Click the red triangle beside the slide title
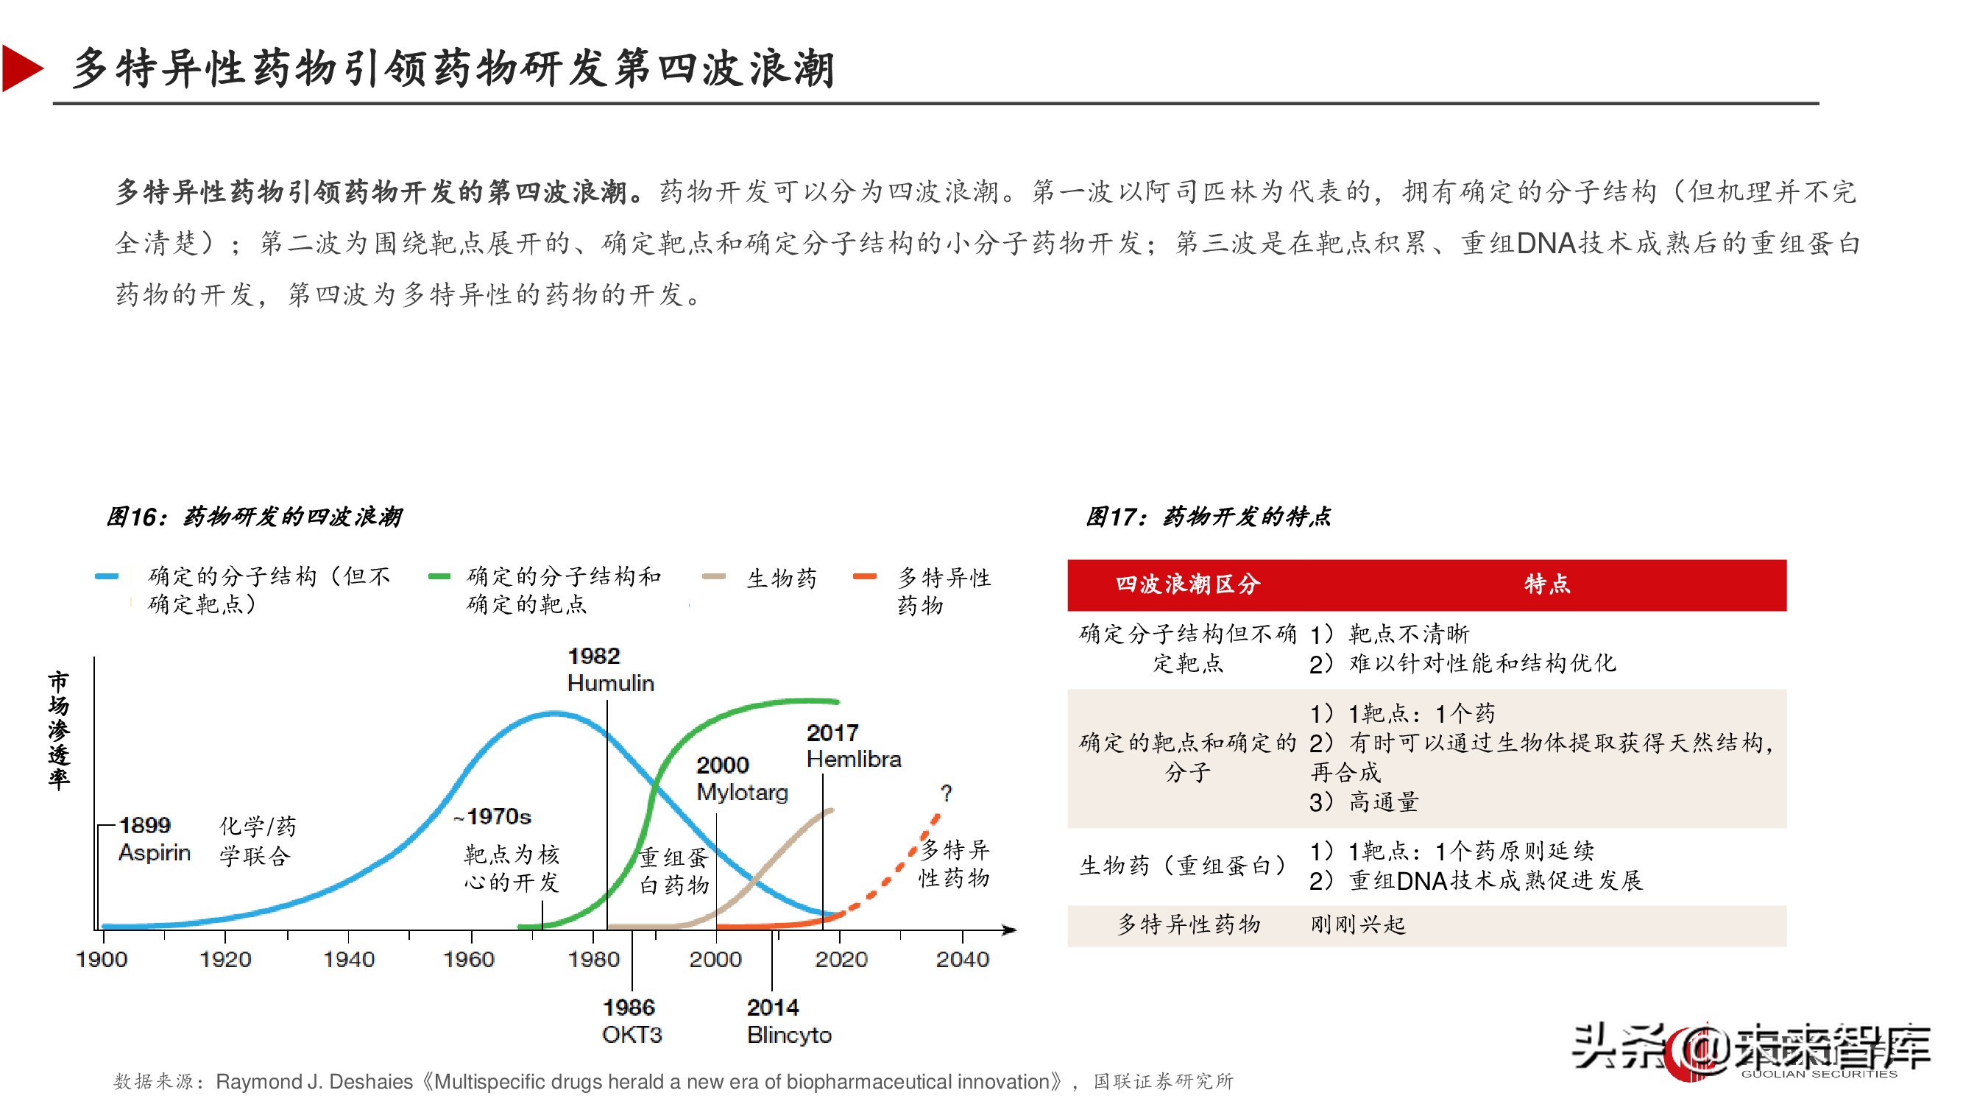point(21,68)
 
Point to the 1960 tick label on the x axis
point(469,959)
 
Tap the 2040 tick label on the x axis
point(963,959)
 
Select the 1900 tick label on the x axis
point(102,959)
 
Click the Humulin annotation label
point(610,684)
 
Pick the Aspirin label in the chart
point(154,852)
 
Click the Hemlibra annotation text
point(854,760)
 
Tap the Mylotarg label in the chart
point(742,793)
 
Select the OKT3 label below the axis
point(632,1035)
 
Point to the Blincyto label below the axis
point(789,1035)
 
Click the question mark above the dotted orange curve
point(947,793)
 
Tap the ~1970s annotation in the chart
point(492,817)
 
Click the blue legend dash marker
point(107,577)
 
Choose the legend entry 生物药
point(781,578)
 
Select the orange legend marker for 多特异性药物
point(865,577)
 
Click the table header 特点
point(1546,584)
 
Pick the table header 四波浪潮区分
point(1187,584)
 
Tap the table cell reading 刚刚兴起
point(1358,925)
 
